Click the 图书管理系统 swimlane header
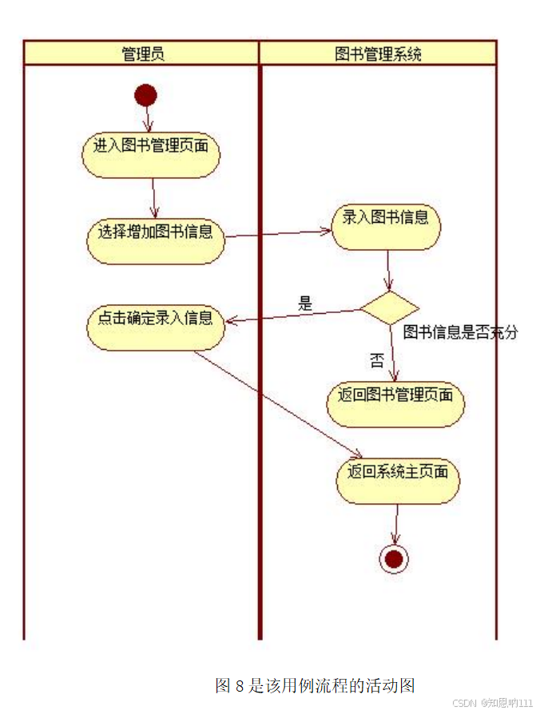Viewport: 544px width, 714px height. [378, 54]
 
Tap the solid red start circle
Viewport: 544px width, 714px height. [145, 97]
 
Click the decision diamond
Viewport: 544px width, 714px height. [389, 307]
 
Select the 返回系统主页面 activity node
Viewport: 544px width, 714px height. [398, 479]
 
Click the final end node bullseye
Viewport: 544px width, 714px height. [394, 559]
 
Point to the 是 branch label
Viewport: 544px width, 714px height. [305, 303]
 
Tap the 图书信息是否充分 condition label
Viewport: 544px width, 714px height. [460, 332]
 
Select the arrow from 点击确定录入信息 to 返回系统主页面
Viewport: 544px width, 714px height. [276, 404]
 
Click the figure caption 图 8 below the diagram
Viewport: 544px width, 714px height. [315, 685]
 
